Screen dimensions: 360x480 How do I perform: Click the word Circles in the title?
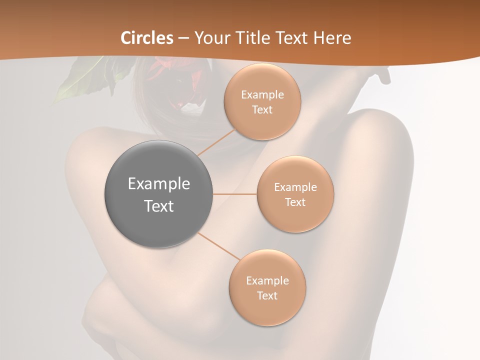tap(147, 38)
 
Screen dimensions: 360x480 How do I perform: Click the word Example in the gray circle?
tap(159, 184)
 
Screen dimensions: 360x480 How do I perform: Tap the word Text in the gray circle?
tap(159, 206)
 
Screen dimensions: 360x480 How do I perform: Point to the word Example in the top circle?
tap(262, 95)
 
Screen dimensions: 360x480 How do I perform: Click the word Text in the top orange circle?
tap(262, 110)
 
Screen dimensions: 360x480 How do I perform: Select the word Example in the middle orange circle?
tap(295, 187)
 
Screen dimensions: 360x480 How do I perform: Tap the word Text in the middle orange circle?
tap(295, 202)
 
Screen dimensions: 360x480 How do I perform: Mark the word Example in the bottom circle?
tap(267, 281)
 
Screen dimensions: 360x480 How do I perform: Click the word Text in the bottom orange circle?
tap(267, 296)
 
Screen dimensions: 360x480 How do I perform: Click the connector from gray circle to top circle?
tap(216, 142)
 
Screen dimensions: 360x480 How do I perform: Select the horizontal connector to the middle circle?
tap(235, 194)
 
